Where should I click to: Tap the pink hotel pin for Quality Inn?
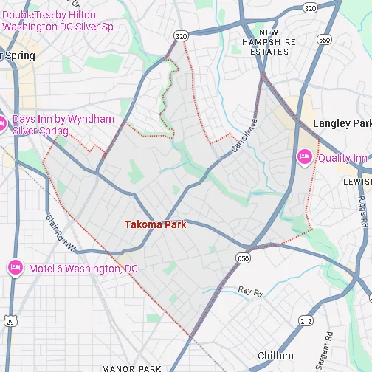[304, 157]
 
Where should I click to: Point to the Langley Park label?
[342, 123]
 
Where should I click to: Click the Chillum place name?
[275, 356]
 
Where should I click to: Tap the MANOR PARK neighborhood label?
[131, 368]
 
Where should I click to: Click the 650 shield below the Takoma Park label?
[243, 258]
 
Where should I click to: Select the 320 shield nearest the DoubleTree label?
[181, 35]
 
